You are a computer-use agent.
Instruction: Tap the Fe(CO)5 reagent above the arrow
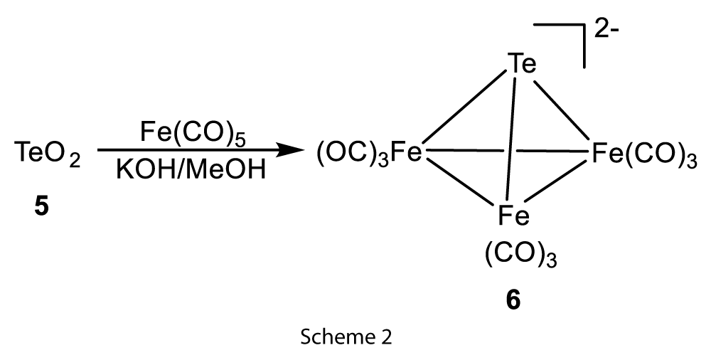193,134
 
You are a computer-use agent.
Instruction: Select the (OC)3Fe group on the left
370,154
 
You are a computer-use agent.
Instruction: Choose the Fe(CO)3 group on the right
644,154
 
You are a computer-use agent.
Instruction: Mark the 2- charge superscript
606,33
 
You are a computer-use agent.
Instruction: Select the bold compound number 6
513,300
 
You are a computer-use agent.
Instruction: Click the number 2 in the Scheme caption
385,337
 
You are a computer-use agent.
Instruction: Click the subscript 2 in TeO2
75,161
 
